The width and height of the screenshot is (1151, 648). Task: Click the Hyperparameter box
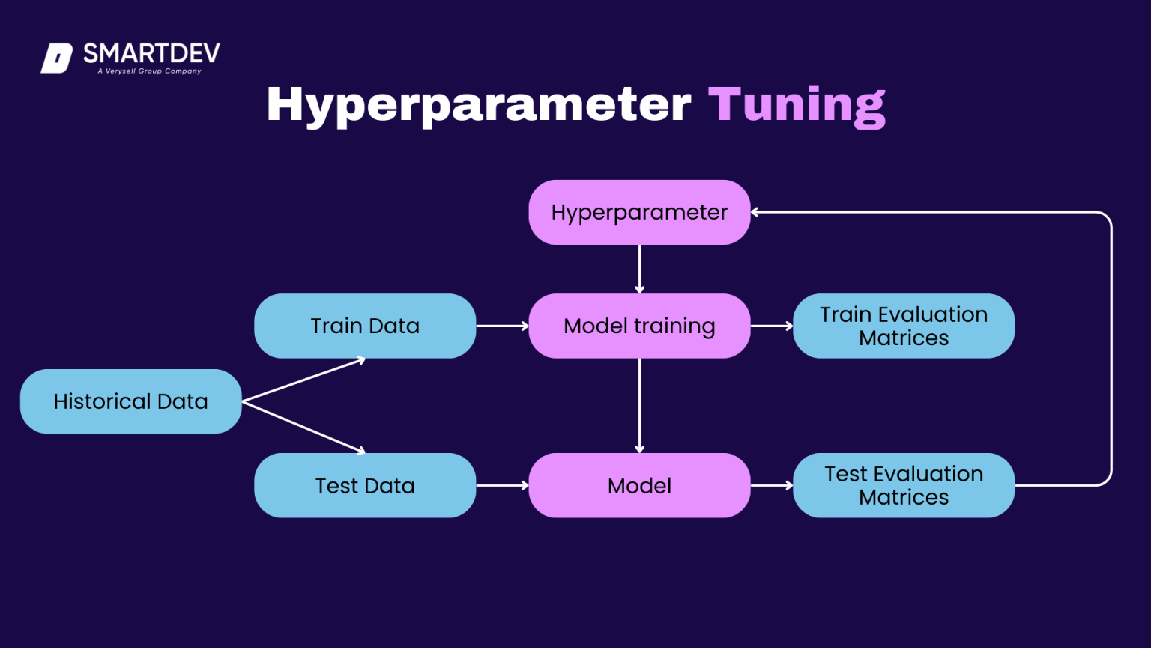[639, 212]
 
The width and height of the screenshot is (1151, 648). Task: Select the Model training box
[639, 325]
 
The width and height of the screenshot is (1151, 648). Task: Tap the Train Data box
[365, 325]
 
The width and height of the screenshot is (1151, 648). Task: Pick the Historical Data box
[130, 401]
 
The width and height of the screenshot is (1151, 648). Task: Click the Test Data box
[365, 485]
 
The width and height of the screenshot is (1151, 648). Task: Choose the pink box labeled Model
[639, 485]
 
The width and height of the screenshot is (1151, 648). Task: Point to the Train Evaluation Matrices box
[904, 325]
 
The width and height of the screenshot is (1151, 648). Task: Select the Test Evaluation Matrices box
[904, 485]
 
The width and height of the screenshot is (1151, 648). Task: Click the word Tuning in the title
[797, 104]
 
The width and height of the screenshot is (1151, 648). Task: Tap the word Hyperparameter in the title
[478, 104]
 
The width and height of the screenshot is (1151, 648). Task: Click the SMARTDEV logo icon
[57, 58]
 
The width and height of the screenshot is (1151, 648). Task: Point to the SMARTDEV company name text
[151, 53]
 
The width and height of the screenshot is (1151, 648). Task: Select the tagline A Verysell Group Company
[150, 71]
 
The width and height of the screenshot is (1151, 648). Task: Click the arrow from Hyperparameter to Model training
[639, 268]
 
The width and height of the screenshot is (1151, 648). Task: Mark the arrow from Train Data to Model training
[502, 325]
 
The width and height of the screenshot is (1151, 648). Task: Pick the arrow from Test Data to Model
[502, 485]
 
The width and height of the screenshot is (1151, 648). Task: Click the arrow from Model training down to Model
[639, 405]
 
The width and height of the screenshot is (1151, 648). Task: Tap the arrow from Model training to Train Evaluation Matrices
[772, 325]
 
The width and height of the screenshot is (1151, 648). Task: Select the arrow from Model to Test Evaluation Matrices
[772, 485]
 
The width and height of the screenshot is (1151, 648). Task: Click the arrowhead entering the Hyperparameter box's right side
[755, 212]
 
